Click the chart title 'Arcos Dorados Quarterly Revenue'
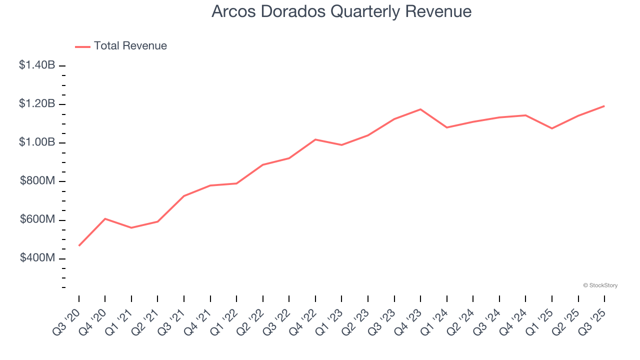point(341,11)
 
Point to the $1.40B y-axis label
point(37,65)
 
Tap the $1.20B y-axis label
point(37,104)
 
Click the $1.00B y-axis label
point(37,142)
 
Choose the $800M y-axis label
point(37,181)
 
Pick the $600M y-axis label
point(37,219)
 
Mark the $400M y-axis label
point(37,258)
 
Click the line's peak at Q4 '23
point(420,109)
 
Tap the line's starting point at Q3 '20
point(79,245)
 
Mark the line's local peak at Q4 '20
point(105,218)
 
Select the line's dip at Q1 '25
point(552,128)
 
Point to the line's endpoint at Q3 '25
point(604,106)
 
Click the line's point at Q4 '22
point(315,139)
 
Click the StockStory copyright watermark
point(600,285)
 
